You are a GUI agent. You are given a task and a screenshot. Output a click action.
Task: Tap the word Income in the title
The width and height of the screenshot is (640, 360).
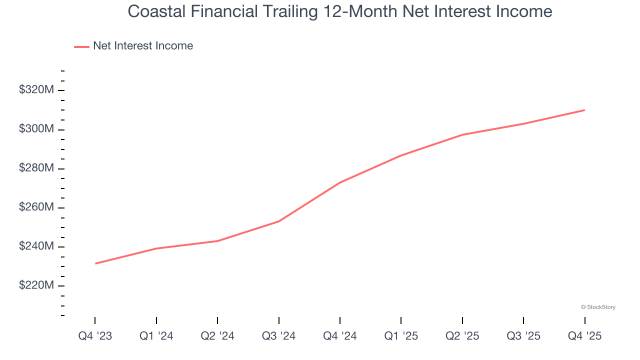pyautogui.click(x=522, y=11)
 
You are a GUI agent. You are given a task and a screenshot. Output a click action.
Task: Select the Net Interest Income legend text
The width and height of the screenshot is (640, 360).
pyautogui.click(x=142, y=46)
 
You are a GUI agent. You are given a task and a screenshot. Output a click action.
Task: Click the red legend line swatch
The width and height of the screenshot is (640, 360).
pyautogui.click(x=81, y=46)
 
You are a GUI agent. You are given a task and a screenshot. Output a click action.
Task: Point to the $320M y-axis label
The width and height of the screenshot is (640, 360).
pyautogui.click(x=36, y=90)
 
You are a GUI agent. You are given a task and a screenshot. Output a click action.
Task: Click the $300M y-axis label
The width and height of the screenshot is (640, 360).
pyautogui.click(x=36, y=129)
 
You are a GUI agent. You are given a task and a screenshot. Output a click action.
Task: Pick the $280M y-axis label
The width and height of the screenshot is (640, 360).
pyautogui.click(x=36, y=168)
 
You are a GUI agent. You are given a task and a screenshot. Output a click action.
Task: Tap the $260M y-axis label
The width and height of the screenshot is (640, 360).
pyautogui.click(x=36, y=207)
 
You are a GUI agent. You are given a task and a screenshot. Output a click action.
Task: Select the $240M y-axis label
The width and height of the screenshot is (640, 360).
pyautogui.click(x=36, y=246)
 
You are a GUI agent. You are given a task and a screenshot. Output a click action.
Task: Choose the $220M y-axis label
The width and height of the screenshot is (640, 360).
pyautogui.click(x=36, y=285)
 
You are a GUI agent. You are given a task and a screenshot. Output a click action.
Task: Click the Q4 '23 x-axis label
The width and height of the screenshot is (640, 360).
pyautogui.click(x=95, y=336)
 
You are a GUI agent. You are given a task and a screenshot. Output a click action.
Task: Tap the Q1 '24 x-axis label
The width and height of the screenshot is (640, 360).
pyautogui.click(x=156, y=336)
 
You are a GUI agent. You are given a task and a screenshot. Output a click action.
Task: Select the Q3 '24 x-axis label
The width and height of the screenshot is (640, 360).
pyautogui.click(x=278, y=336)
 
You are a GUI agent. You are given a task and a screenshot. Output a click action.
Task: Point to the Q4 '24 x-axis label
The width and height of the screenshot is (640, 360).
pyautogui.click(x=340, y=336)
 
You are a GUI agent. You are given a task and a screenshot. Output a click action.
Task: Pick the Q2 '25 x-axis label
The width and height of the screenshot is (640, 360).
pyautogui.click(x=462, y=336)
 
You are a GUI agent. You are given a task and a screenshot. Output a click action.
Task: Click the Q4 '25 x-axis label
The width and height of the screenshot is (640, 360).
pyautogui.click(x=584, y=336)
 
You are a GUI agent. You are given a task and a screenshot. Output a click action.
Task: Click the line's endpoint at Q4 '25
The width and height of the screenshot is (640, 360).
pyautogui.click(x=584, y=110)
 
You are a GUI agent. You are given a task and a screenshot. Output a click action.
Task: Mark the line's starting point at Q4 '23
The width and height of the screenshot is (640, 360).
pyautogui.click(x=95, y=263)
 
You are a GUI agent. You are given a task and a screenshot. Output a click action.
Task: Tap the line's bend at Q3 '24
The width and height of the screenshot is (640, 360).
pyautogui.click(x=278, y=221)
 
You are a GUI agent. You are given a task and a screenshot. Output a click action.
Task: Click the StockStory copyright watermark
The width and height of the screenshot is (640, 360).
pyautogui.click(x=598, y=307)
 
